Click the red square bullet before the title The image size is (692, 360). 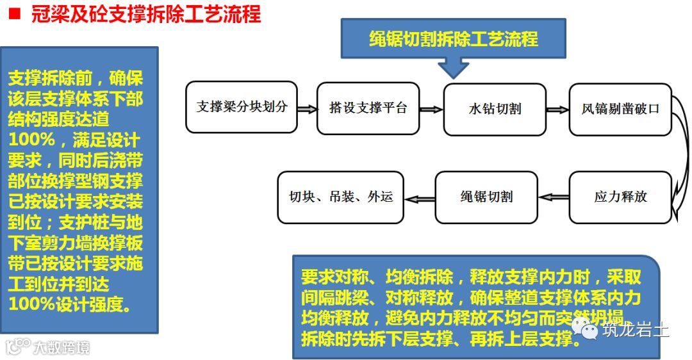[x=13, y=13]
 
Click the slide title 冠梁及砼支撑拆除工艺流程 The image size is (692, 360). [x=145, y=14]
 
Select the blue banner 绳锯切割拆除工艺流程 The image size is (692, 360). [x=453, y=39]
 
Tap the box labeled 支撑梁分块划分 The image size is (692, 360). [x=242, y=107]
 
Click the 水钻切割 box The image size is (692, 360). [x=495, y=110]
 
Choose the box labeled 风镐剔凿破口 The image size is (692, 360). [x=620, y=109]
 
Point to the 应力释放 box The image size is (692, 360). [x=620, y=197]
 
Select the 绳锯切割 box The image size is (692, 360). [x=486, y=197]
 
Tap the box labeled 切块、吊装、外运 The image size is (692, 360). [x=340, y=197]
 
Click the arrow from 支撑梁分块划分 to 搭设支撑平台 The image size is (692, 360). [x=307, y=110]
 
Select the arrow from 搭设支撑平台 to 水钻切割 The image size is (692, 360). [x=433, y=110]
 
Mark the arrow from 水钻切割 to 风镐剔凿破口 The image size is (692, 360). [x=557, y=110]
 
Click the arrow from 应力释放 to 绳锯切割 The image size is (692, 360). [x=553, y=197]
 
